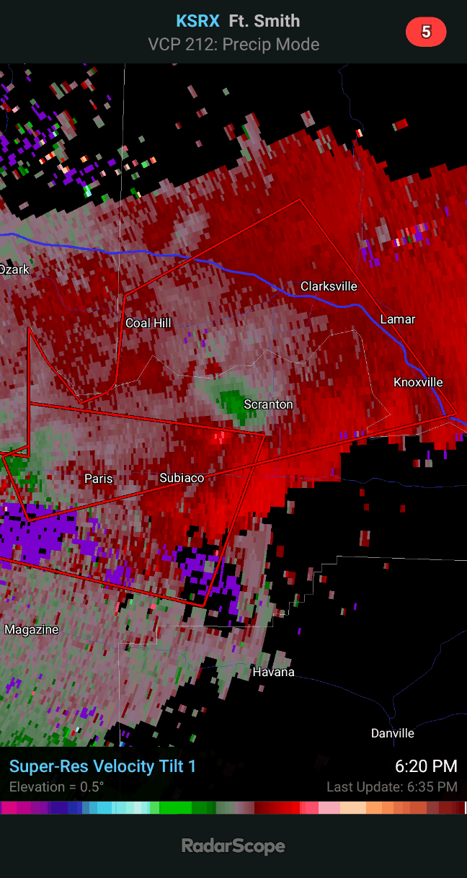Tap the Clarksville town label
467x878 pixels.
[x=329, y=286]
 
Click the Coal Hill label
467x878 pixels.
[x=148, y=323]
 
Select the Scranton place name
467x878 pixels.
[x=268, y=404]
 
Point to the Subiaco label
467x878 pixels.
[x=182, y=478]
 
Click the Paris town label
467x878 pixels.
[x=98, y=479]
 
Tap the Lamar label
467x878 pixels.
[x=398, y=319]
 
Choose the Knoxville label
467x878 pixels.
[x=418, y=382]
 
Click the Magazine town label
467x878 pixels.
[x=32, y=629]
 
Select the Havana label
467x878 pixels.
[x=273, y=672]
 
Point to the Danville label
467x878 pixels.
[x=393, y=733]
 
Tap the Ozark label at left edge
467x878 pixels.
[x=14, y=270]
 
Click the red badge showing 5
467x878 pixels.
[x=426, y=32]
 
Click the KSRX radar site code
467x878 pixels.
[x=197, y=22]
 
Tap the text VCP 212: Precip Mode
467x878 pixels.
[x=233, y=45]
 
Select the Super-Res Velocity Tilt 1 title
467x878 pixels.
[x=102, y=766]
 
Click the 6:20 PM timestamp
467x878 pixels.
[x=426, y=766]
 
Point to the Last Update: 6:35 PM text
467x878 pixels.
[x=392, y=786]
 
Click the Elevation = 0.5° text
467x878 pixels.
[x=56, y=786]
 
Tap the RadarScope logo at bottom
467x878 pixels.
[x=233, y=846]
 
